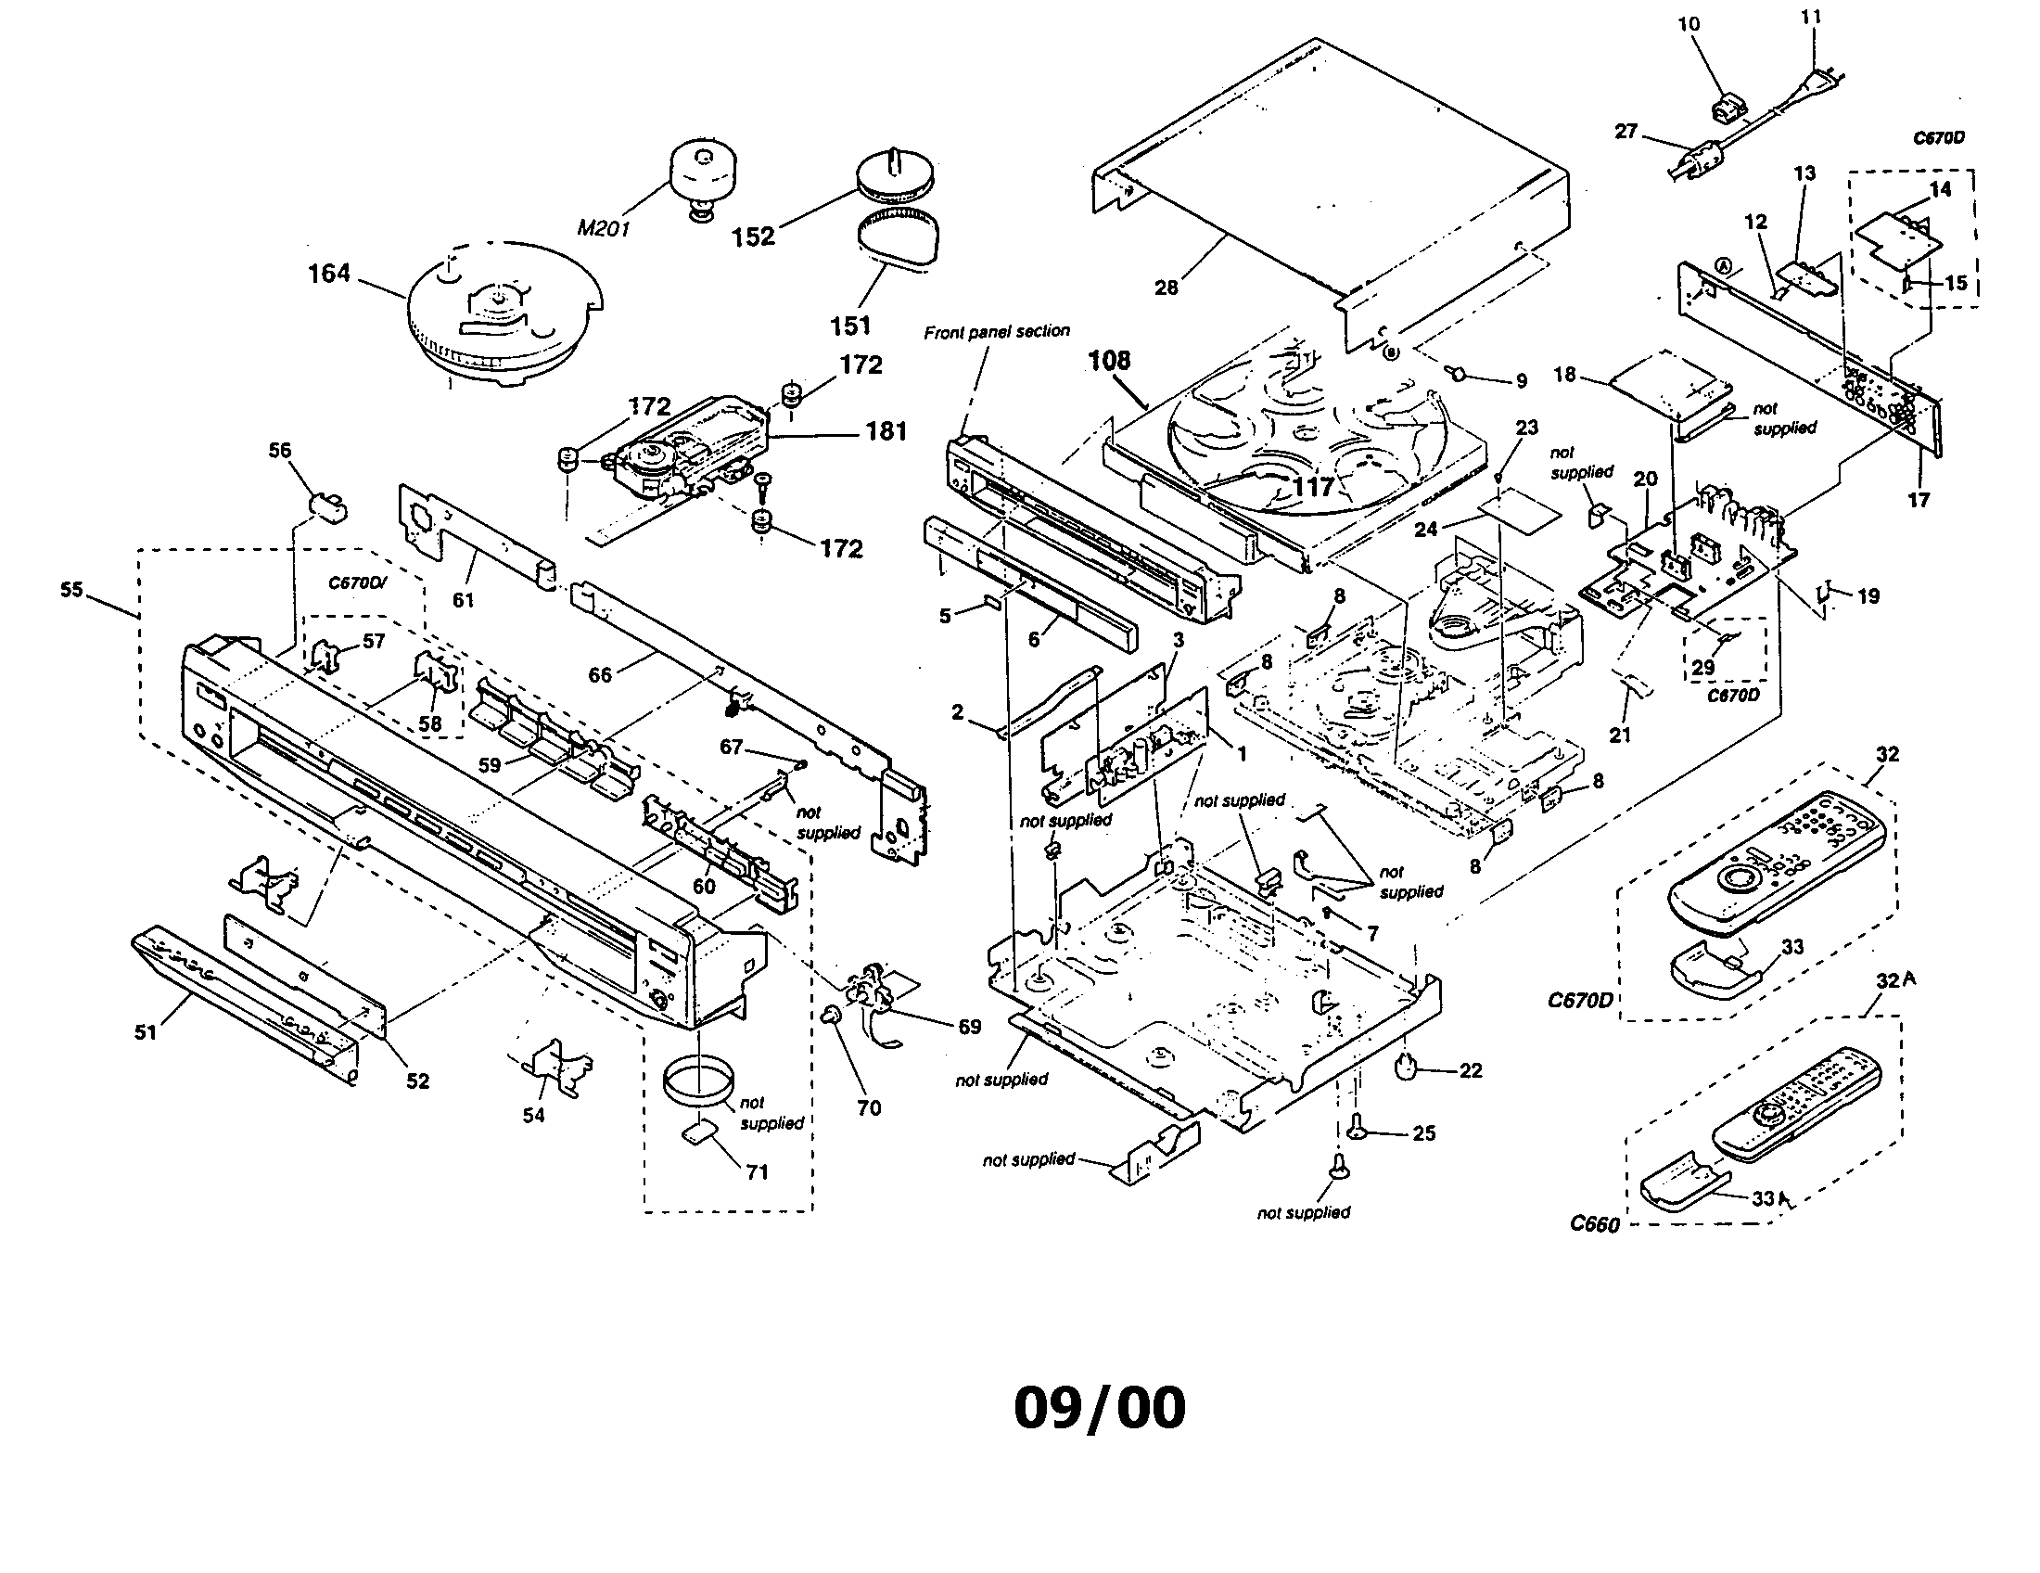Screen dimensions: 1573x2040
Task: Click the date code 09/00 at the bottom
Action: (x=1100, y=1409)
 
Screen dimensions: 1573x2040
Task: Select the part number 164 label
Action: (x=329, y=274)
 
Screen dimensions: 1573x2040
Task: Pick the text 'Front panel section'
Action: (x=997, y=332)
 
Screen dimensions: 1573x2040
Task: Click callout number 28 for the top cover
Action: (x=1166, y=288)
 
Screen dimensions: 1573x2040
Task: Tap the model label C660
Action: (x=1595, y=1223)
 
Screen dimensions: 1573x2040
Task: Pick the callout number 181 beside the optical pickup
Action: (x=886, y=431)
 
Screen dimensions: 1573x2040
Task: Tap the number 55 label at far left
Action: (x=72, y=591)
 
